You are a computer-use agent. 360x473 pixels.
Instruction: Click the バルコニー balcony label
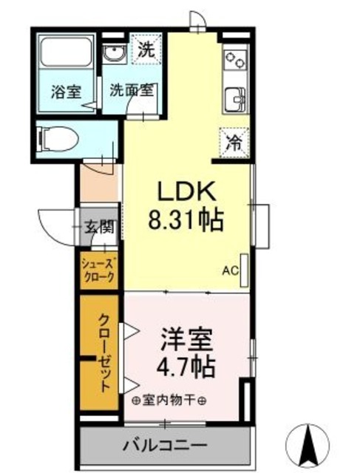(166, 445)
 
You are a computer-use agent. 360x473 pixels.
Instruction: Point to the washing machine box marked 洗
(146, 50)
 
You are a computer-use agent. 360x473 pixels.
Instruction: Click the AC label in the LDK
(231, 270)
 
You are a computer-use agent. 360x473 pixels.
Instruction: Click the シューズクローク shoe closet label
(98, 270)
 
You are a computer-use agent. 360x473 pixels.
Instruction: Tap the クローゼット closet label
(104, 351)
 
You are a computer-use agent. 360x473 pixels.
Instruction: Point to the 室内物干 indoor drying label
(169, 400)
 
